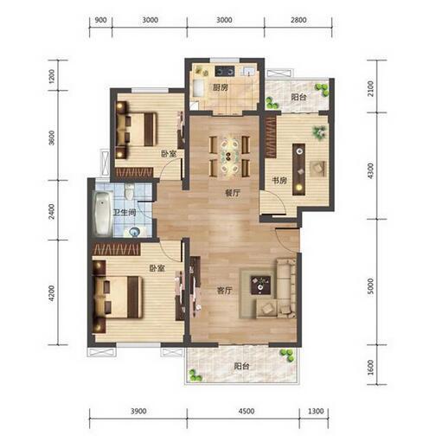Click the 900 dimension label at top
coord(100,20)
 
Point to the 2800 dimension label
coord(298,20)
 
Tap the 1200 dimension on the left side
coord(52,76)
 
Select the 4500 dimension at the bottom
coord(247,411)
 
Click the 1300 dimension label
coord(316,411)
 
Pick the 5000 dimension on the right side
coord(370,285)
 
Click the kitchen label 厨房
coord(221,87)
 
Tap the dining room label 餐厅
coord(232,193)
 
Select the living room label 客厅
coord(224,290)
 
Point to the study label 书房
coord(279,181)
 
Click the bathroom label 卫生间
coord(125,213)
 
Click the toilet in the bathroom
coord(129,192)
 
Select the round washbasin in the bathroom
coord(134,232)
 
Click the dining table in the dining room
coord(229,156)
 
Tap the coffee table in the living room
coord(260,285)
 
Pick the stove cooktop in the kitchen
coord(225,71)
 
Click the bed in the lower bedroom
coord(118,297)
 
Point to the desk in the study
coord(299,170)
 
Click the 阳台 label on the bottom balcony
coord(241,366)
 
